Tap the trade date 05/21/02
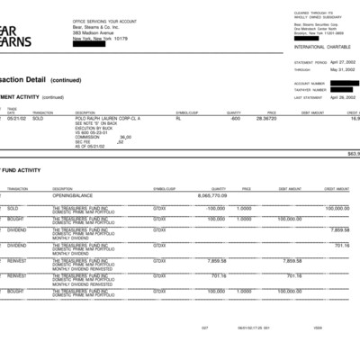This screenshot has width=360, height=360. (16, 118)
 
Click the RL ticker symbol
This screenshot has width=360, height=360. (178, 118)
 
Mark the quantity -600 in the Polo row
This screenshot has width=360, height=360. (235, 118)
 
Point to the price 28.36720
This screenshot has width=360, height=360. (265, 118)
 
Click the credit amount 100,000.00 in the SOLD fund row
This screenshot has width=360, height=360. (337, 208)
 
